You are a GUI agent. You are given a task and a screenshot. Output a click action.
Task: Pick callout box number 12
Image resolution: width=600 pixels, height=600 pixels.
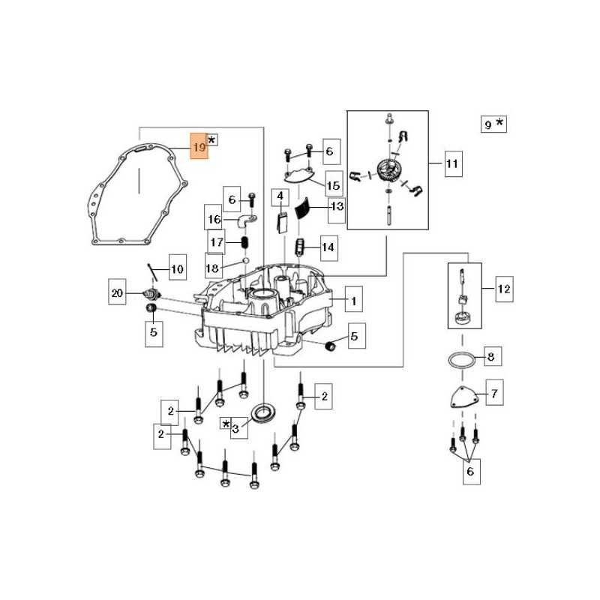(503, 288)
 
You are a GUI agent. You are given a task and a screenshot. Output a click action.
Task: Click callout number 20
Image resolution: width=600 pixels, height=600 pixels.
(116, 293)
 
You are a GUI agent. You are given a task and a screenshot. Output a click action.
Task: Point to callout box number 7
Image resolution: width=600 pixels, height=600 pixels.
(494, 392)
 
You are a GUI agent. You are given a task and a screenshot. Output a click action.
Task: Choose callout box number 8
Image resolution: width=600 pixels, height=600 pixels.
(490, 357)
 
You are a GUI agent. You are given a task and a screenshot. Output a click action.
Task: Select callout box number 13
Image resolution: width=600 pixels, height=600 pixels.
(336, 206)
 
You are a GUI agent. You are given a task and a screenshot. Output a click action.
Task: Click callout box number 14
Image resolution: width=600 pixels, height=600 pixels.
(328, 246)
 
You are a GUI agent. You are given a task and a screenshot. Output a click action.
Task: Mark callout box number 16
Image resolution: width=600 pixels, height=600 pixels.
(215, 220)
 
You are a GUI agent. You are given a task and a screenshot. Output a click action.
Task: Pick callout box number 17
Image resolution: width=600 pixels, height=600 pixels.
(217, 242)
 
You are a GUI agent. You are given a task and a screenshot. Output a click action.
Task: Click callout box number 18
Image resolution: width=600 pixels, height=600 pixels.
(214, 268)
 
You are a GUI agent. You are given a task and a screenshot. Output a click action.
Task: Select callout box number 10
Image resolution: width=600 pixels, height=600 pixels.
(176, 268)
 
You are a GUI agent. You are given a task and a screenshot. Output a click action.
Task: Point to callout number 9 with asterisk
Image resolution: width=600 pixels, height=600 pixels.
(493, 124)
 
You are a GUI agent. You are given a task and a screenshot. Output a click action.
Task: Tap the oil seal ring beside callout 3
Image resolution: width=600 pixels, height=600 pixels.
(264, 412)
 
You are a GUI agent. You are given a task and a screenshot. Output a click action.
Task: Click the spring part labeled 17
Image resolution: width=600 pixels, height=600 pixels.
(244, 244)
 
